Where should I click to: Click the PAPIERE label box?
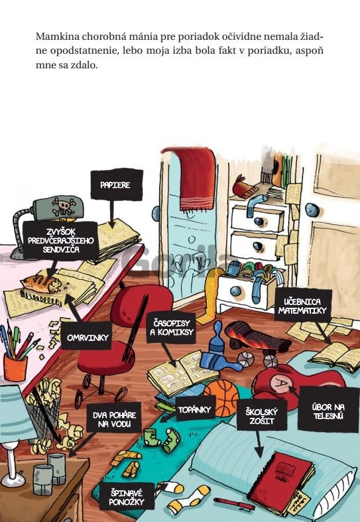pyautogui.click(x=117, y=185)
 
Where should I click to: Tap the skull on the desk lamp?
pyautogui.click(x=63, y=206)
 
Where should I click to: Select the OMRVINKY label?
pyautogui.click(x=88, y=338)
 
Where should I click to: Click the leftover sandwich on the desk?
pyautogui.click(x=42, y=284)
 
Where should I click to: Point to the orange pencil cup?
pyautogui.click(x=15, y=367)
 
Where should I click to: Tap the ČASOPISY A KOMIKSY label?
pyautogui.click(x=171, y=328)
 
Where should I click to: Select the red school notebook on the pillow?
pyautogui.click(x=284, y=478)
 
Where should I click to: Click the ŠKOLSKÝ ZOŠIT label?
pyautogui.click(x=262, y=416)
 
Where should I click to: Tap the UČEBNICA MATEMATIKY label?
pyautogui.click(x=303, y=306)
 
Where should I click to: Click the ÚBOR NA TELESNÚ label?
pyautogui.click(x=328, y=411)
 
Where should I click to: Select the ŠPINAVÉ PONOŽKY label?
pyautogui.click(x=127, y=497)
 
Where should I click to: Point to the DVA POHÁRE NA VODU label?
pyautogui.click(x=114, y=419)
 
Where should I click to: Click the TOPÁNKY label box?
pyautogui.click(x=195, y=409)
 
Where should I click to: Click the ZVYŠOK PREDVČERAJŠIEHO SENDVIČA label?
pyautogui.click(x=61, y=240)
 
